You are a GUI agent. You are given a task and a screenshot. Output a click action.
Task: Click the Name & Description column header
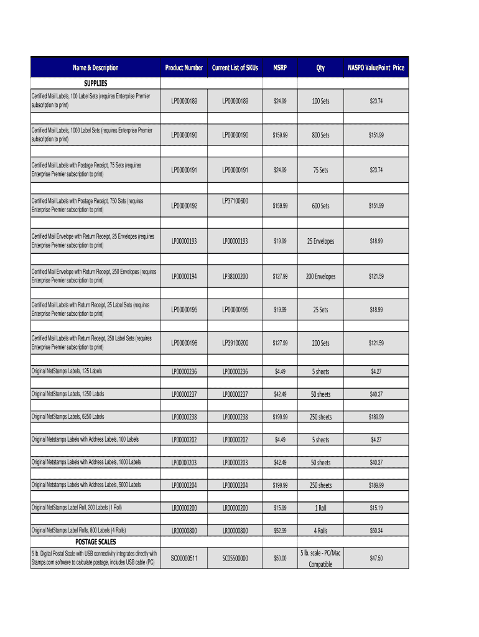[95, 68]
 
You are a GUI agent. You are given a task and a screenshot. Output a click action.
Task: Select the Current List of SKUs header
[235, 68]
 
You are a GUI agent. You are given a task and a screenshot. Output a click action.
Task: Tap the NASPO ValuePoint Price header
[376, 68]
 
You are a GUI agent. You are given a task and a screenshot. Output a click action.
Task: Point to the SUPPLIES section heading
[95, 83]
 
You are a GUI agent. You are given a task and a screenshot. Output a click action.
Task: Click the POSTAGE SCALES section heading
[95, 542]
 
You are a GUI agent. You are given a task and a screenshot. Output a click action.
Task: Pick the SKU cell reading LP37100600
[235, 201]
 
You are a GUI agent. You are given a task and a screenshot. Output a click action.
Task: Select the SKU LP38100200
[235, 276]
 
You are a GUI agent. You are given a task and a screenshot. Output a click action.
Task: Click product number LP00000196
[184, 343]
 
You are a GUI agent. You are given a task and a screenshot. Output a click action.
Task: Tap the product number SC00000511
[184, 559]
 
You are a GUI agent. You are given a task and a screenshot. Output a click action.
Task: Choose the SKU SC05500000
[235, 559]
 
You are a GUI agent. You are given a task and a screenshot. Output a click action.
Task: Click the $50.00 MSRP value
[280, 559]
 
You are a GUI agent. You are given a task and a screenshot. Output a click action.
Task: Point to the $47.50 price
[376, 559]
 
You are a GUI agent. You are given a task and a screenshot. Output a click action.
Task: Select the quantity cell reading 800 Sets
[320, 135]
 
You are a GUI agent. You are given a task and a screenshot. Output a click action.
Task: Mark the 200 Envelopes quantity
[320, 276]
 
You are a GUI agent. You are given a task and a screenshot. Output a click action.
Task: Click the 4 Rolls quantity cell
[320, 531]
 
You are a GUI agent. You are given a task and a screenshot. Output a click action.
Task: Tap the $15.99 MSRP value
[280, 508]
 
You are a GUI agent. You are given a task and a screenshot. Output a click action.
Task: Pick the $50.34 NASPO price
[376, 531]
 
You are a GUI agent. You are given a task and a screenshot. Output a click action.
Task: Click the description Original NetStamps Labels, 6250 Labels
[68, 417]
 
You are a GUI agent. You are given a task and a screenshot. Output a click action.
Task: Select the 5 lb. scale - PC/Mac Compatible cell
[320, 558]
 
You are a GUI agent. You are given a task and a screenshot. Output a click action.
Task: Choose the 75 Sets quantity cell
[320, 170]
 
